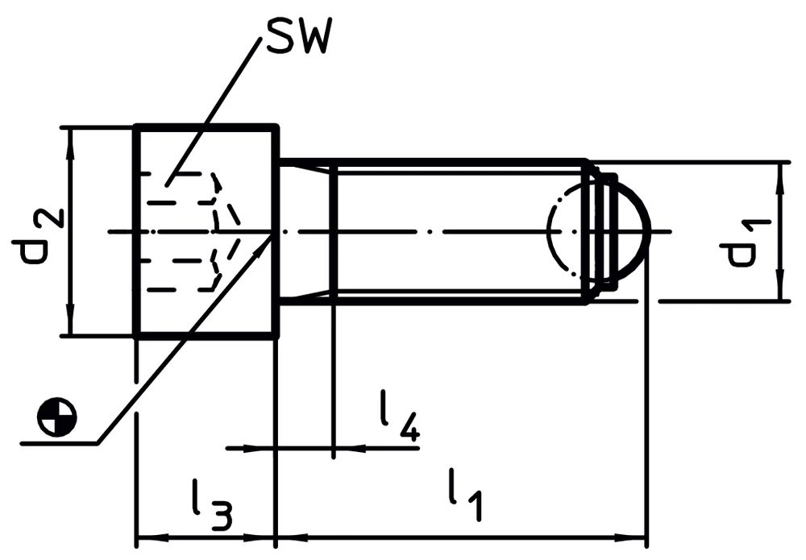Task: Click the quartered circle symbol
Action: [x=56, y=417]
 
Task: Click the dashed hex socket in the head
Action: [x=189, y=231]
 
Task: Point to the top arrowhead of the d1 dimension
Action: [x=782, y=176]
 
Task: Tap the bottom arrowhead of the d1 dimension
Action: [x=782, y=286]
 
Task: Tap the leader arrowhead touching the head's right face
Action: [x=263, y=245]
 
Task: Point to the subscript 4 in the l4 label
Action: [x=408, y=427]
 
